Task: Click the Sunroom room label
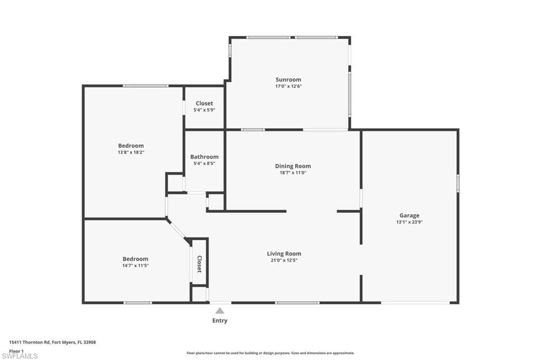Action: click(x=288, y=79)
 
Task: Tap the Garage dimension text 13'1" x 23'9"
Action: click(x=409, y=222)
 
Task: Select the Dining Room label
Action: click(x=293, y=166)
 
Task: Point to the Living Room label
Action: click(x=284, y=253)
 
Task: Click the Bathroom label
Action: click(x=204, y=157)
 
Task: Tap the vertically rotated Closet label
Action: click(x=199, y=264)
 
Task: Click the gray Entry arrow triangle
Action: click(x=220, y=311)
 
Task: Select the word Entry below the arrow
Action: click(x=220, y=320)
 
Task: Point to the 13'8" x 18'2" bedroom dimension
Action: click(x=131, y=152)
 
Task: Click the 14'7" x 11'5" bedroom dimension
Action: click(x=135, y=266)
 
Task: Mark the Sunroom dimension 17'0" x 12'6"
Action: click(x=288, y=86)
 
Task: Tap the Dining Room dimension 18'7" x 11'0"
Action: click(x=293, y=173)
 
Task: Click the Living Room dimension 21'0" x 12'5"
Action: click(x=284, y=260)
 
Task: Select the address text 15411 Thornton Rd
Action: click(x=30, y=343)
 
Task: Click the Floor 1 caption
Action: click(x=16, y=351)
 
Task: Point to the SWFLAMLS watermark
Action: click(x=20, y=356)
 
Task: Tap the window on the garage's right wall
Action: click(x=458, y=183)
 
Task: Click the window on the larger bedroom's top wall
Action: click(x=146, y=86)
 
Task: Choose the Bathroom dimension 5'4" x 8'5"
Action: click(x=204, y=164)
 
